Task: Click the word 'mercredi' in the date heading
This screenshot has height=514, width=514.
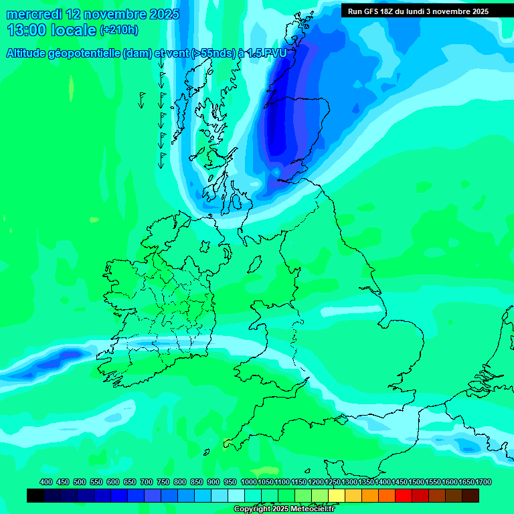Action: pos(34,14)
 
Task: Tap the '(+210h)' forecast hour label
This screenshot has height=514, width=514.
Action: pos(119,30)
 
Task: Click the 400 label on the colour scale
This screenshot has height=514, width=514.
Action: pos(46,482)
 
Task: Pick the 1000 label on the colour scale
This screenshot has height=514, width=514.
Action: pos(248,482)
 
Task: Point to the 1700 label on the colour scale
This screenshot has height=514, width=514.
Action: pos(483,482)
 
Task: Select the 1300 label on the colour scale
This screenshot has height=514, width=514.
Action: pos(349,482)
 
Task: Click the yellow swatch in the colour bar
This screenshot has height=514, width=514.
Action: pos(337,495)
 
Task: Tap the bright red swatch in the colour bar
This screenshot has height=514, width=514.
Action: pos(404,495)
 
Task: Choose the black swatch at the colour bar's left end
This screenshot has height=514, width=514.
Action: pos(35,495)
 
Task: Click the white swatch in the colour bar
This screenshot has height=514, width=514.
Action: pos(236,495)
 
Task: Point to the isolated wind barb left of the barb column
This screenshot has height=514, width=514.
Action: pos(142,100)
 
